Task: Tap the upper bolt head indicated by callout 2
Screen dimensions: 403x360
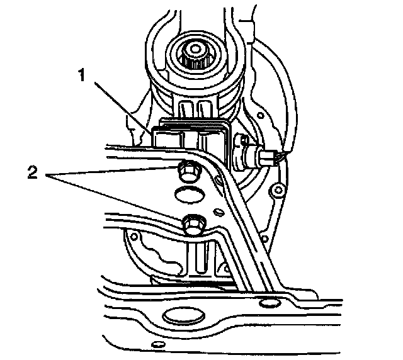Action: point(186,169)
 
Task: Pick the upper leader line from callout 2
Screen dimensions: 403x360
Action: point(113,171)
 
